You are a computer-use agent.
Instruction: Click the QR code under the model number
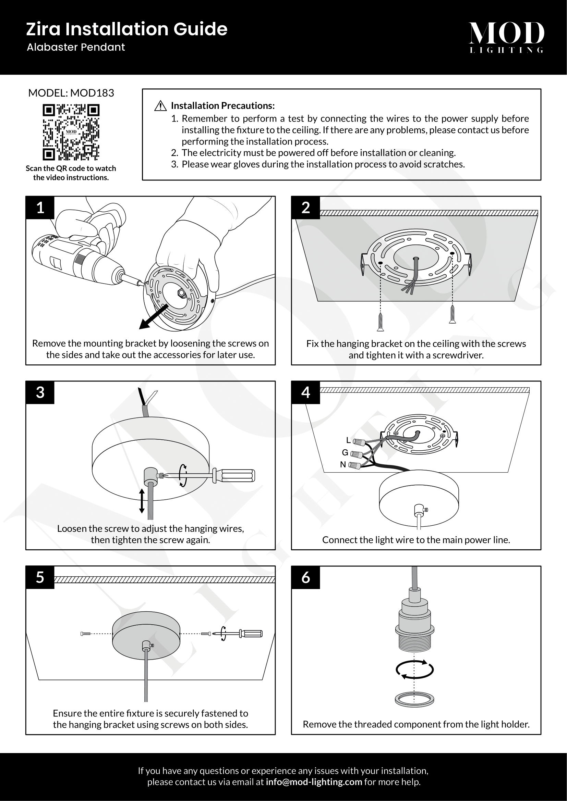pos(71,132)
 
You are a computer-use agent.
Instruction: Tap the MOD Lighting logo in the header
pos(506,37)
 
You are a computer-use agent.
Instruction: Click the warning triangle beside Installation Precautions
pos(160,106)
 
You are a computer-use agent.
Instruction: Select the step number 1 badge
pos(40,208)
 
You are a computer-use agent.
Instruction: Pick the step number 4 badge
pos(305,392)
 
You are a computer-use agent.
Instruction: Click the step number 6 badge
pos(305,577)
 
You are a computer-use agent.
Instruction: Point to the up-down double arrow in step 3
pos(142,501)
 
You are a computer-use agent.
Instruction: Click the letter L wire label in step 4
pos(348,440)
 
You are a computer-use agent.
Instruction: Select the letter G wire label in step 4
pos(345,452)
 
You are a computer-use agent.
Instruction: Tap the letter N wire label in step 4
pos(343,465)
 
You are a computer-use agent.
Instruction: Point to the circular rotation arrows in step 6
pos(414,669)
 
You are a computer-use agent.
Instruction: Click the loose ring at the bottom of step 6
pos(414,700)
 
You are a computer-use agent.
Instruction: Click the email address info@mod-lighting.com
pos(314,782)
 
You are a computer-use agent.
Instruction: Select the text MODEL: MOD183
pos(71,93)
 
